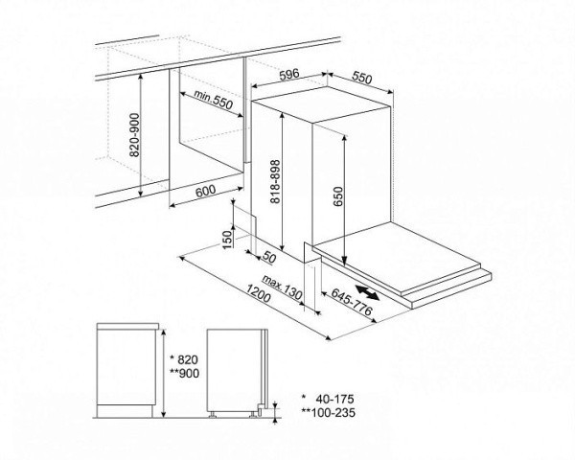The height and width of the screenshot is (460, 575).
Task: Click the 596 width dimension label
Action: tap(289, 74)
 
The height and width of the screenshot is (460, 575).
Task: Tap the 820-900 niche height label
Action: tap(135, 135)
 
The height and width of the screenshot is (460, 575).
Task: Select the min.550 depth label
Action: tap(214, 100)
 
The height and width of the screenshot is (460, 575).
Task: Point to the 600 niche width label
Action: tap(205, 191)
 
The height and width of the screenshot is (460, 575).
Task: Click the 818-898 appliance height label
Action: tap(275, 181)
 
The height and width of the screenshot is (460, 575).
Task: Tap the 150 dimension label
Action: tap(228, 240)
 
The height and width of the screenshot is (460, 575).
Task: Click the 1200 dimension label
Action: tap(259, 294)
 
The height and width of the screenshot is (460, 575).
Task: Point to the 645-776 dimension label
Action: tap(352, 302)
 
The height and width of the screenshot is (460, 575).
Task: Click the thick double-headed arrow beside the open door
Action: tap(367, 292)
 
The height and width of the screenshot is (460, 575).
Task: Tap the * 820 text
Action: tap(185, 358)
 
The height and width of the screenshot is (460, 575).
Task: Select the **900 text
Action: tap(185, 373)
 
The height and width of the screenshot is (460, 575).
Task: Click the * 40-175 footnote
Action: tap(328, 399)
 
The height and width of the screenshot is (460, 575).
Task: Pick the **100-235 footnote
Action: tap(328, 413)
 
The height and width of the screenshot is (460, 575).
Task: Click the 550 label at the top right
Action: tap(362, 78)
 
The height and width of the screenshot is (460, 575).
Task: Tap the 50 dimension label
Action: tap(268, 258)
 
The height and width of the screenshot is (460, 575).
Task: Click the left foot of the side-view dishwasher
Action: tap(213, 415)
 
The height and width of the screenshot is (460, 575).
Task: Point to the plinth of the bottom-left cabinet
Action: tap(125, 411)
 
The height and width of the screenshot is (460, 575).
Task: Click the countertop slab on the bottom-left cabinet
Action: tap(127, 326)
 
